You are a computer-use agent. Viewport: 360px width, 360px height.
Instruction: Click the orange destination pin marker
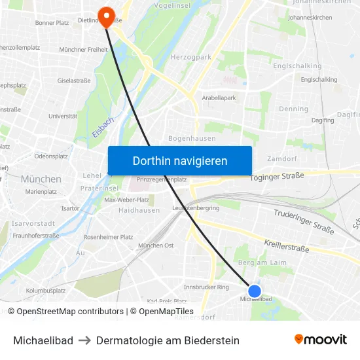(105, 15)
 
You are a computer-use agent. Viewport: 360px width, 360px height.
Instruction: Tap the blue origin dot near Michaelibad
(255, 291)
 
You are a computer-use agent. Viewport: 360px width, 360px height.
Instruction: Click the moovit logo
(320, 340)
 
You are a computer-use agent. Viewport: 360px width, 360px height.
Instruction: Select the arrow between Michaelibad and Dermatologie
(84, 340)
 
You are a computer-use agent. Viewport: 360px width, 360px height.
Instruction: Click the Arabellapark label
(219, 98)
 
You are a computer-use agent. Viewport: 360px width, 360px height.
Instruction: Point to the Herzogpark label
(191, 58)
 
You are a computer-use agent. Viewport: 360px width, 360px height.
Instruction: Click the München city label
(41, 179)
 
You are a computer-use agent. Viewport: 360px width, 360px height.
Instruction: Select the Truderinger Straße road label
(304, 221)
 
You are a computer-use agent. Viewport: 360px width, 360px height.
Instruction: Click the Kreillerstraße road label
(287, 248)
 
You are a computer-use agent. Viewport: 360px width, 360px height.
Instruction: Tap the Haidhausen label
(139, 210)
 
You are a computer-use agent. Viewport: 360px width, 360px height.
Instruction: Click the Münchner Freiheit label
(83, 50)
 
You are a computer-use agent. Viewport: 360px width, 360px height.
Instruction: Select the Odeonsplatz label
(51, 156)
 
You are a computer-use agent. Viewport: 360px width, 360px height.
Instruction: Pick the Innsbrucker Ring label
(206, 287)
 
